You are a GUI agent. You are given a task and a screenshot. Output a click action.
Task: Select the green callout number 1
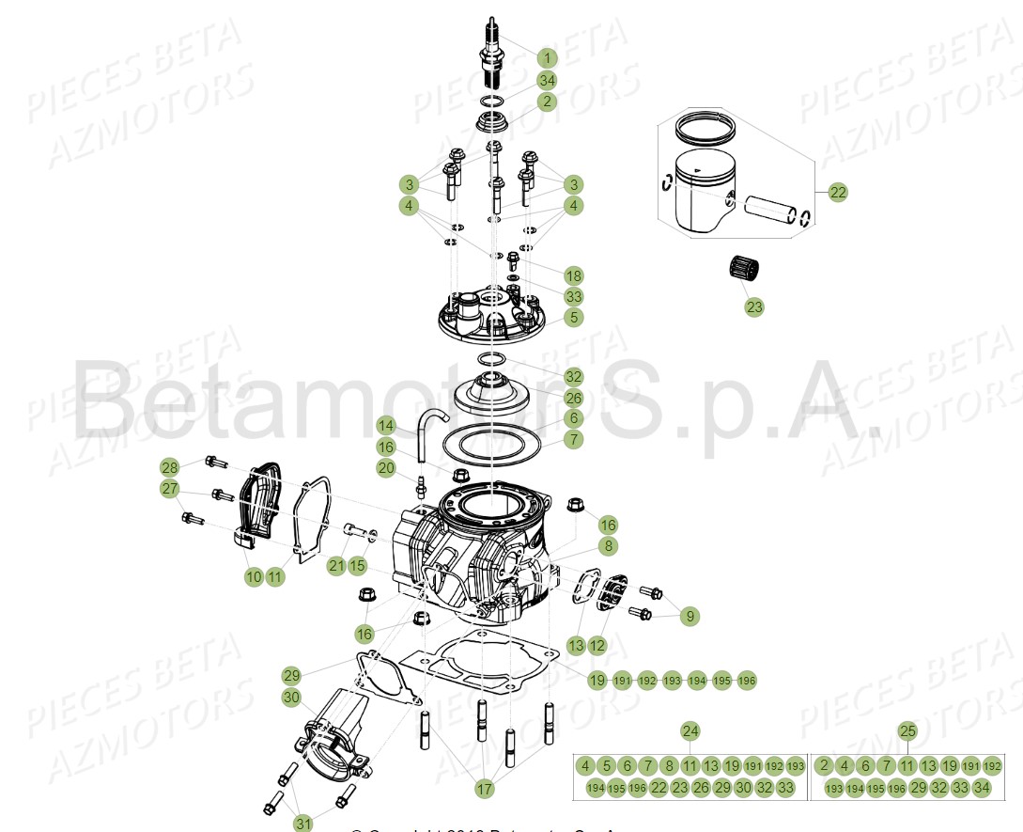point(547,57)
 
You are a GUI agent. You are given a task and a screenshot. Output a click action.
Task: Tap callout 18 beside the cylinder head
point(573,275)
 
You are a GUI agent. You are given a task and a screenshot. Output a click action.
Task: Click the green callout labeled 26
point(573,398)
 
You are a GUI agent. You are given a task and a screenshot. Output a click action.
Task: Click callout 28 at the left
point(169,467)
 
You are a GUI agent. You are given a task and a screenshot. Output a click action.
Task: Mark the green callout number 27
point(169,489)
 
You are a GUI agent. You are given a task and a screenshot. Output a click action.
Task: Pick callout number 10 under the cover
point(254,577)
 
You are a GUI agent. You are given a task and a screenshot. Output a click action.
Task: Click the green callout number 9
point(690,617)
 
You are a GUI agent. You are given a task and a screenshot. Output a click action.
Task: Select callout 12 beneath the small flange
point(597,646)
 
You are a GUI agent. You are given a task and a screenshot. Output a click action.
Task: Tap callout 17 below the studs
point(484,790)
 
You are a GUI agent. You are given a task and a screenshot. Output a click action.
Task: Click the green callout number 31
point(302,823)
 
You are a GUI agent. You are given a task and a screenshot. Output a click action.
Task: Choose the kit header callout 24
point(690,730)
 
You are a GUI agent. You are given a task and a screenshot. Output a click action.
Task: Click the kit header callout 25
point(907,730)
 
